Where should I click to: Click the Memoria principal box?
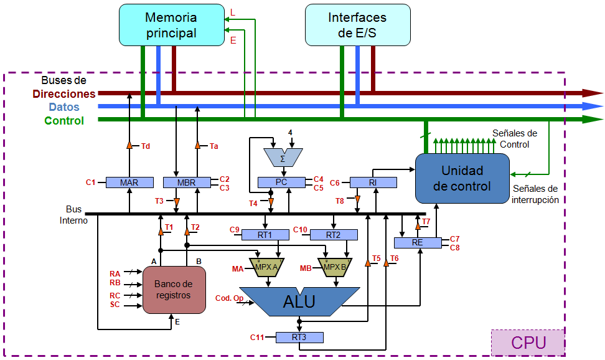pos(171,25)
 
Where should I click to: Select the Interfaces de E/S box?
pos(357,25)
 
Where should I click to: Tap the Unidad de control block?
pos(462,178)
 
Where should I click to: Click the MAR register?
pos(129,182)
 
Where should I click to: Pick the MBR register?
pos(187,182)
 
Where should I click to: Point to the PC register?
pos(281,182)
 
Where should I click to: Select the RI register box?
pos(373,182)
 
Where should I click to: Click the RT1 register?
pos(265,235)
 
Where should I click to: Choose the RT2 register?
pos(334,235)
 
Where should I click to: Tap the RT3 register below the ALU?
pos(299,338)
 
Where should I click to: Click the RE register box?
pos(417,242)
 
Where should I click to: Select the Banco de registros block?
pos(174,290)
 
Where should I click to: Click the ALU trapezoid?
pos(299,301)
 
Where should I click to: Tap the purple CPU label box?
pos(528,343)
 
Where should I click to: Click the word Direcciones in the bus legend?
pos(64,94)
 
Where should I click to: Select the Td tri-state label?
pos(145,146)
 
